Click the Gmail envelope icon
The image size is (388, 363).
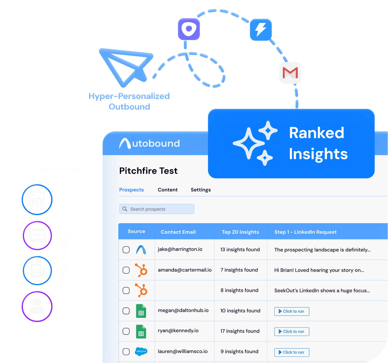(290, 73)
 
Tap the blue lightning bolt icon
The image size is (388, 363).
(261, 29)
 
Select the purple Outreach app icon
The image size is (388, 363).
(189, 29)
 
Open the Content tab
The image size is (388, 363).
(168, 190)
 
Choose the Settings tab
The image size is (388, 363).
(201, 190)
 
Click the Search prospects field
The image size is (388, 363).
(157, 209)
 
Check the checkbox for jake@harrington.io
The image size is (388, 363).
(126, 250)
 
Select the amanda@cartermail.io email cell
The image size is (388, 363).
(185, 270)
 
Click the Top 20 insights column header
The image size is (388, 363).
(240, 232)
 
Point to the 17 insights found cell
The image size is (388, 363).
(240, 331)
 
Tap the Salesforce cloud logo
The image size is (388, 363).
(141, 351)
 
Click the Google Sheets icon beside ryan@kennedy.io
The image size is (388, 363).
(141, 331)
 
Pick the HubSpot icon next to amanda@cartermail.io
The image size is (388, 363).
(141, 270)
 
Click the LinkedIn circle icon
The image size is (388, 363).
(37, 200)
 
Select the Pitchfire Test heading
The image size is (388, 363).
(148, 171)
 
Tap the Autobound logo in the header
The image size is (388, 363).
(150, 144)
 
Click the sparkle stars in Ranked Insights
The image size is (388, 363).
(254, 143)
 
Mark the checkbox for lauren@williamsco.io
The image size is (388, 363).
(126, 352)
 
